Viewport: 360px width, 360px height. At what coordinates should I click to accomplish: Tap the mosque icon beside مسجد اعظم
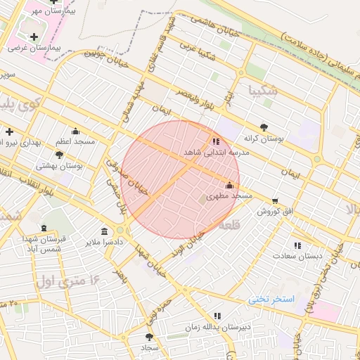pyautogui.click(x=76, y=131)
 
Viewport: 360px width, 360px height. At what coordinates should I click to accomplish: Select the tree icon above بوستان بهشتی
pyautogui.click(x=59, y=155)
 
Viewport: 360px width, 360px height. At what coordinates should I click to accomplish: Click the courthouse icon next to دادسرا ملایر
pyautogui.click(x=105, y=232)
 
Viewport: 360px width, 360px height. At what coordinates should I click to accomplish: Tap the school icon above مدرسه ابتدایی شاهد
pyautogui.click(x=215, y=141)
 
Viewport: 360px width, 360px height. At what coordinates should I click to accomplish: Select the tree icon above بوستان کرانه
pyautogui.click(x=264, y=127)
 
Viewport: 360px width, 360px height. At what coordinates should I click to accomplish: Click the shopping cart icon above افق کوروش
pyautogui.click(x=274, y=200)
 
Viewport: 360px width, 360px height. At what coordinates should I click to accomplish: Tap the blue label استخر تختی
pyautogui.click(x=271, y=300)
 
